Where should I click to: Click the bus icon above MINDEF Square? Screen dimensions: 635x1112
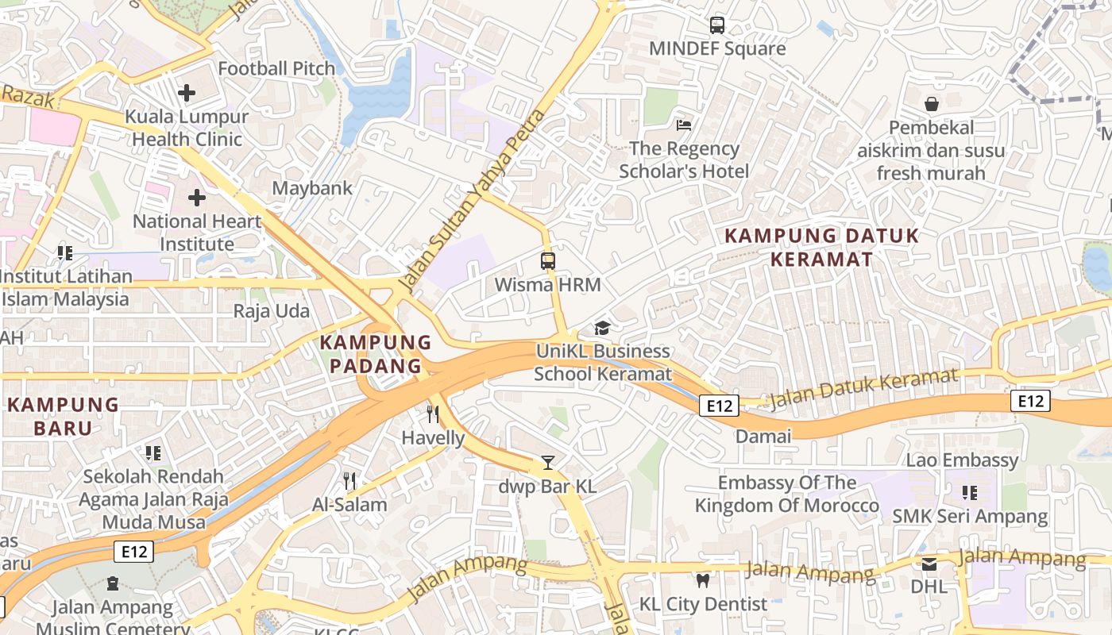point(717,25)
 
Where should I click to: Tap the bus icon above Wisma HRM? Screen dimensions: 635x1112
point(547,260)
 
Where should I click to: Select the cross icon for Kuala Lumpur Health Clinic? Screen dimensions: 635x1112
point(187,93)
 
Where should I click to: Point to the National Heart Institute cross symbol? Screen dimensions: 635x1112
point(197,198)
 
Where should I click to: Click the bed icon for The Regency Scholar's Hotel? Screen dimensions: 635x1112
point(684,125)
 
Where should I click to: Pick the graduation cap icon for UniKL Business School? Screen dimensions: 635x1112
point(603,328)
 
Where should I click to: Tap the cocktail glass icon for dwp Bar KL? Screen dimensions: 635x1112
point(547,462)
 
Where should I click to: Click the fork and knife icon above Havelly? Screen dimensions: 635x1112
point(433,414)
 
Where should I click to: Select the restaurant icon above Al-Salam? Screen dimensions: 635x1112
point(349,480)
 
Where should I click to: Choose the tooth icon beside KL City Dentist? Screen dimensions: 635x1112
point(702,580)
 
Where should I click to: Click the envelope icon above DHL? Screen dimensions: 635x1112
point(929,564)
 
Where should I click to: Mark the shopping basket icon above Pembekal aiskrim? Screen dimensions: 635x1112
point(931,104)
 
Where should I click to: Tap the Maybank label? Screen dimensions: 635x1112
point(312,188)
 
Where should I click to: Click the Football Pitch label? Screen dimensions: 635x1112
point(276,69)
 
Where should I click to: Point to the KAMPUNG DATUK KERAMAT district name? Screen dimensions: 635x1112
point(821,247)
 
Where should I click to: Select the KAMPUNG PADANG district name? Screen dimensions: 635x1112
point(376,354)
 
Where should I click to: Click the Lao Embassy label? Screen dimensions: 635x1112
point(962,460)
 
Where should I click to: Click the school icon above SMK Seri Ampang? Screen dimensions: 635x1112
point(969,493)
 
